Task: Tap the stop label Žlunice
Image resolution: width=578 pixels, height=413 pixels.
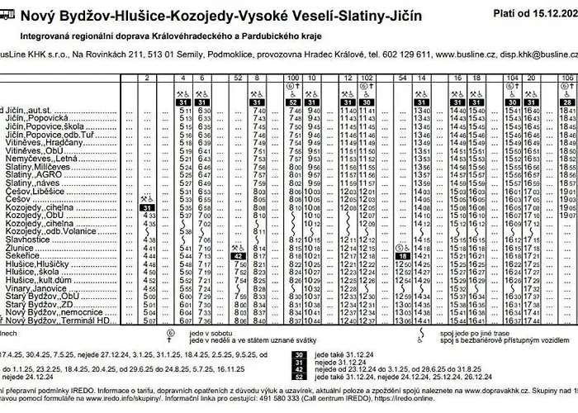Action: click(20, 248)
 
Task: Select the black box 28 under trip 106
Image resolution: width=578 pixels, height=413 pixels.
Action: click(567, 102)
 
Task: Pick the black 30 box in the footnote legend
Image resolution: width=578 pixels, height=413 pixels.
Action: click(299, 354)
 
